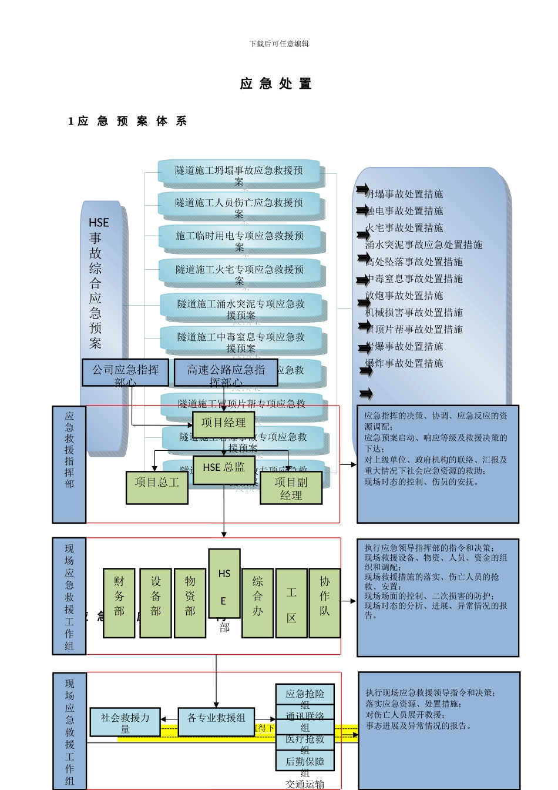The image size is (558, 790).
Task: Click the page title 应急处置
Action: pyautogui.click(x=276, y=83)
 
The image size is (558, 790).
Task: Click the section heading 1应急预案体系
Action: pyautogui.click(x=127, y=121)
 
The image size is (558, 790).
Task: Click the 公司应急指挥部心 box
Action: pyautogui.click(x=125, y=373)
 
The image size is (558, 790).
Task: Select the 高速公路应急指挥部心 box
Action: pyautogui.click(x=226, y=373)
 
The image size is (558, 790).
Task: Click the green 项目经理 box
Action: pyautogui.click(x=223, y=424)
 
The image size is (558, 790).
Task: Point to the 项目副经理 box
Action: pyautogui.click(x=291, y=488)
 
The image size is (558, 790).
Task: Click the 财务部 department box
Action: pyautogui.click(x=119, y=602)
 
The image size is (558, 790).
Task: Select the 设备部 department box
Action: pyautogui.click(x=156, y=602)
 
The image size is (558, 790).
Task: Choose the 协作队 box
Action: pyautogui.click(x=325, y=602)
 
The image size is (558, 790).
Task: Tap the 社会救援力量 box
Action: pyautogui.click(x=125, y=722)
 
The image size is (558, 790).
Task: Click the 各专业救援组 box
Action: pyautogui.click(x=216, y=722)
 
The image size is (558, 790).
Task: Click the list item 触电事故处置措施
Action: pyautogui.click(x=404, y=211)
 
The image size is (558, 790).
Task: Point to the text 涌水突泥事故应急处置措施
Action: pyautogui.click(x=424, y=245)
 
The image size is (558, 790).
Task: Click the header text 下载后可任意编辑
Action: pyautogui.click(x=279, y=44)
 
